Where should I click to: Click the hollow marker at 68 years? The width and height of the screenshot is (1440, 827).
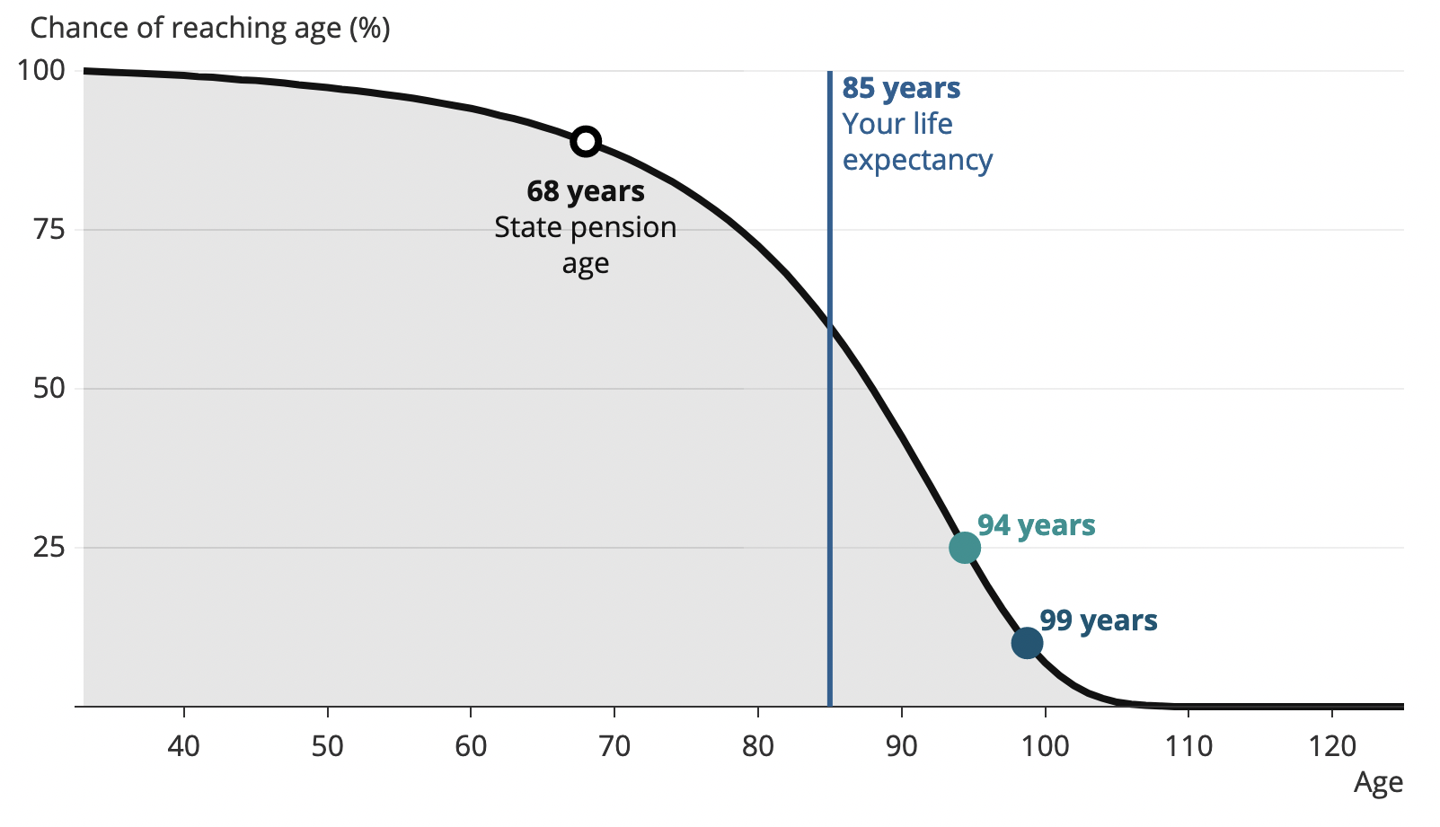click(x=586, y=141)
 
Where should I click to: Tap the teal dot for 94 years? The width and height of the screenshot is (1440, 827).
click(x=965, y=547)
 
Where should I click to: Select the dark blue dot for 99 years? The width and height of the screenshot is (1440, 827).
click(x=1027, y=643)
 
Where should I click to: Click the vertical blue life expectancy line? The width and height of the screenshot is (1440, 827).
click(x=829, y=449)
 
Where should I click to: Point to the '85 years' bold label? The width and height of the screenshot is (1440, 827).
click(x=901, y=88)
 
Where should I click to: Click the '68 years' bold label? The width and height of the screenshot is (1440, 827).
click(x=586, y=191)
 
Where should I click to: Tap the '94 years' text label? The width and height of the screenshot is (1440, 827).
click(x=1037, y=525)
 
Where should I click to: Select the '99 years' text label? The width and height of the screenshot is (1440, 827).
click(x=1099, y=620)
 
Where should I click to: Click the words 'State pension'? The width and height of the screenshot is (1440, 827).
click(x=586, y=227)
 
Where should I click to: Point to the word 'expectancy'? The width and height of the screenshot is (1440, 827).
click(x=917, y=160)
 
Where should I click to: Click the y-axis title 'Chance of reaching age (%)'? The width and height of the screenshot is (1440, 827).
click(x=210, y=28)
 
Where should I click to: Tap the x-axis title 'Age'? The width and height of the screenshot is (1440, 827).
click(x=1378, y=783)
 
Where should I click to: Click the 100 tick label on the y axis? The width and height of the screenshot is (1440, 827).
click(x=41, y=70)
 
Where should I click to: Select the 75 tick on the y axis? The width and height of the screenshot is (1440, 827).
click(x=49, y=229)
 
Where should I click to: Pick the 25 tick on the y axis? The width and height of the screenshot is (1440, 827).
click(x=49, y=547)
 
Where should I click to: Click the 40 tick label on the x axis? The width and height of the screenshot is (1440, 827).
click(x=184, y=745)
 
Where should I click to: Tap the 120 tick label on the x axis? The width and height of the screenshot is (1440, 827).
click(x=1331, y=745)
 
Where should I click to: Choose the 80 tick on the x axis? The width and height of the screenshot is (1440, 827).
click(x=758, y=745)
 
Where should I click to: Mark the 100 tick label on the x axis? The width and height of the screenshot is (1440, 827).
click(x=1045, y=745)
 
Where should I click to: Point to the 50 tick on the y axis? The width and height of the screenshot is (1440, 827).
click(x=49, y=388)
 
